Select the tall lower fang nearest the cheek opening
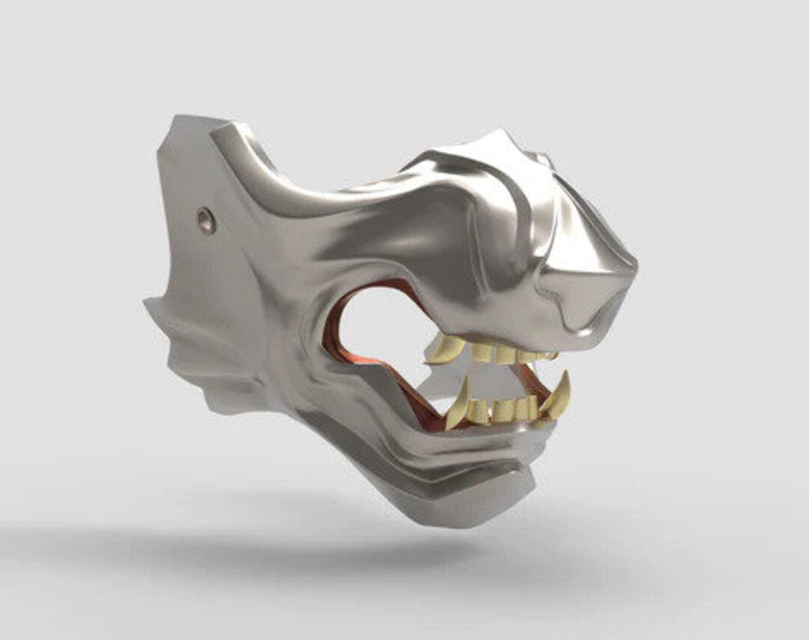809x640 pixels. [x=458, y=405]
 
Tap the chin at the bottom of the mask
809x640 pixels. [x=479, y=510]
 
